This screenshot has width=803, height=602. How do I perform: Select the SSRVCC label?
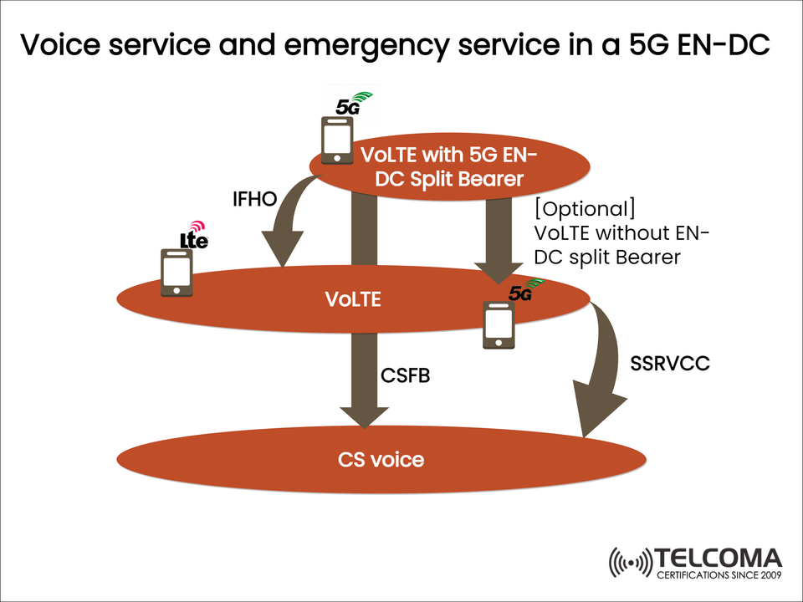(669, 365)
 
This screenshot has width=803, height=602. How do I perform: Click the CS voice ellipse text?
(381, 459)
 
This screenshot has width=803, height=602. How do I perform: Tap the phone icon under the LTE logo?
(176, 273)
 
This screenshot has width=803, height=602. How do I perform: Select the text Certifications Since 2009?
(719, 577)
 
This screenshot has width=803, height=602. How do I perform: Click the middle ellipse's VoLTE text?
(353, 298)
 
